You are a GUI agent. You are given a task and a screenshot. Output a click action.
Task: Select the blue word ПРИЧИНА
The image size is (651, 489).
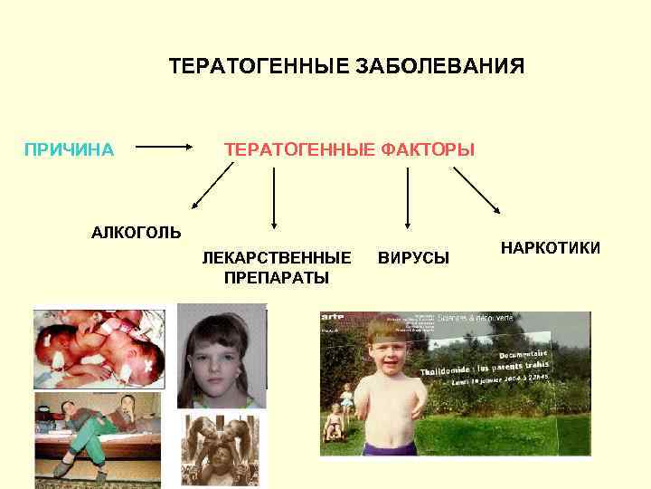coord(69,149)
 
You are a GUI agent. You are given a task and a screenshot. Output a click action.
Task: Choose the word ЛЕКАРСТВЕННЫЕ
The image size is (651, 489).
coord(276,257)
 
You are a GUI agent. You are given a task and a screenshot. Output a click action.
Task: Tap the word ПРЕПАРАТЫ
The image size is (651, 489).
coord(276,277)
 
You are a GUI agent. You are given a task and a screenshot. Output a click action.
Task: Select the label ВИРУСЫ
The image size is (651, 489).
coord(412,258)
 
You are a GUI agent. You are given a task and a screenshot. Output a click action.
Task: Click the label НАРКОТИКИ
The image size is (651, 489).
coord(551,247)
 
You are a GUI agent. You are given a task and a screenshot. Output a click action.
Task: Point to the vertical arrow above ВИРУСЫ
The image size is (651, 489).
coord(408,197)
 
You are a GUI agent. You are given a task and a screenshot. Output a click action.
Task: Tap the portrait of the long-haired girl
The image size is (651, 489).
coord(222,355)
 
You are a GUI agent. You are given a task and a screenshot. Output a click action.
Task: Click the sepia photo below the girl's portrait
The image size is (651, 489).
coord(221,450)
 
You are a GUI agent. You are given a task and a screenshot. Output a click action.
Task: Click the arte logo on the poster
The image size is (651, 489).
coord(333,316)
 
